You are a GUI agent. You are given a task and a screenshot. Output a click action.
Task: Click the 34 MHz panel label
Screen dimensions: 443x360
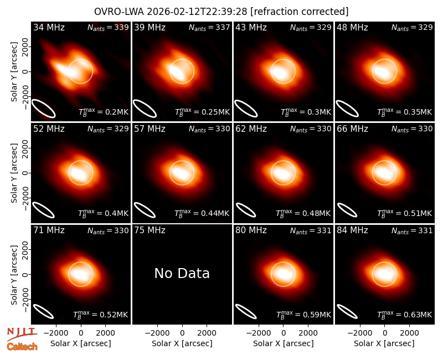(x=49, y=27)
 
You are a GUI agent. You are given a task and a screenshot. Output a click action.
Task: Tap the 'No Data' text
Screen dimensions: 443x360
(x=182, y=273)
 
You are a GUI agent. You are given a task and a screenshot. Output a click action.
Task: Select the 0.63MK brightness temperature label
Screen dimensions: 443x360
(x=405, y=315)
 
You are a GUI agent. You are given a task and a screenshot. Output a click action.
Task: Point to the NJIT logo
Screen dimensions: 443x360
(x=22, y=333)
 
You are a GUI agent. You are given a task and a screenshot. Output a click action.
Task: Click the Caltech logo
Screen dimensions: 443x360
(x=22, y=347)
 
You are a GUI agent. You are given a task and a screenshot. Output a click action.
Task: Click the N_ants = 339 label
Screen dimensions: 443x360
(x=108, y=27)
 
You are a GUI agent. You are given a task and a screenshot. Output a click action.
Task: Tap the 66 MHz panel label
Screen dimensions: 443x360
(x=352, y=129)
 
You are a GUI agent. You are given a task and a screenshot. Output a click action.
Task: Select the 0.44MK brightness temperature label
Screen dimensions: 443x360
(x=202, y=213)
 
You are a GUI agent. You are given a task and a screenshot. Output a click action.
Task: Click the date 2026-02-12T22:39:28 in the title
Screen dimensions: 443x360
(x=197, y=12)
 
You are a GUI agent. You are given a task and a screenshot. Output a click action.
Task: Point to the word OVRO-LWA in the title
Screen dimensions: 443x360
(x=119, y=12)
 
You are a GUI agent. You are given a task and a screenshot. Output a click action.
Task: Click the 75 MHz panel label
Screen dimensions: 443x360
(x=150, y=230)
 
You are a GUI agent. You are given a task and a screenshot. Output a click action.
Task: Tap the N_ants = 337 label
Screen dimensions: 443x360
(x=209, y=27)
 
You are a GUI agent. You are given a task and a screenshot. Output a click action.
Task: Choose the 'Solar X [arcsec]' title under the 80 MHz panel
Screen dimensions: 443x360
(x=284, y=343)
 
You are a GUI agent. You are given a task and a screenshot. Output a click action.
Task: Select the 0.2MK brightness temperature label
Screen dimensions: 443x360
(x=104, y=112)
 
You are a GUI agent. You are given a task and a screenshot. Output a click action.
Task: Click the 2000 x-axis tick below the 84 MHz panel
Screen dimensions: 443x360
(x=409, y=333)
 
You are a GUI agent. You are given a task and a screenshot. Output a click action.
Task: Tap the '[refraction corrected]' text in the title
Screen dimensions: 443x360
(x=300, y=12)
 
